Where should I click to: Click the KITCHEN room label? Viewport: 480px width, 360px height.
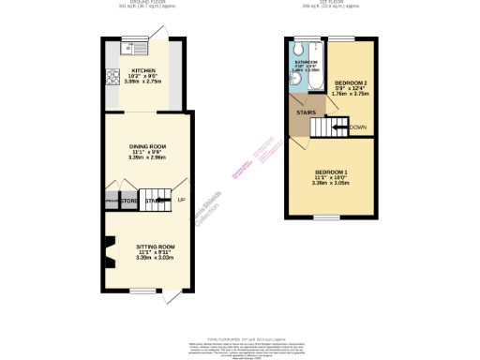pos(143,70)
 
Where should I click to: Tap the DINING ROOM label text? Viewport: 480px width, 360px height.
pos(147,147)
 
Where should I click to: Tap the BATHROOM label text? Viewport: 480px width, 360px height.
pos(304,61)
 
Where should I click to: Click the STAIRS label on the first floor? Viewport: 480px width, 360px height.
pos(305,113)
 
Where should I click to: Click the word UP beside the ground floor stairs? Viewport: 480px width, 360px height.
pos(181,200)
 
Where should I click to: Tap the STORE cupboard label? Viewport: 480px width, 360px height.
pos(129,200)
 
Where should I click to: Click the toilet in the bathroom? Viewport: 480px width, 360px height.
pos(297,50)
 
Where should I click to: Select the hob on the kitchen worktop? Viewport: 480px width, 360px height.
pos(112,76)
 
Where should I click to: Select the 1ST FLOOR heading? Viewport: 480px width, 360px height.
pos(332,3)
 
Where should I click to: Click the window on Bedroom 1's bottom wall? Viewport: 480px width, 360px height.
pos(327,217)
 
